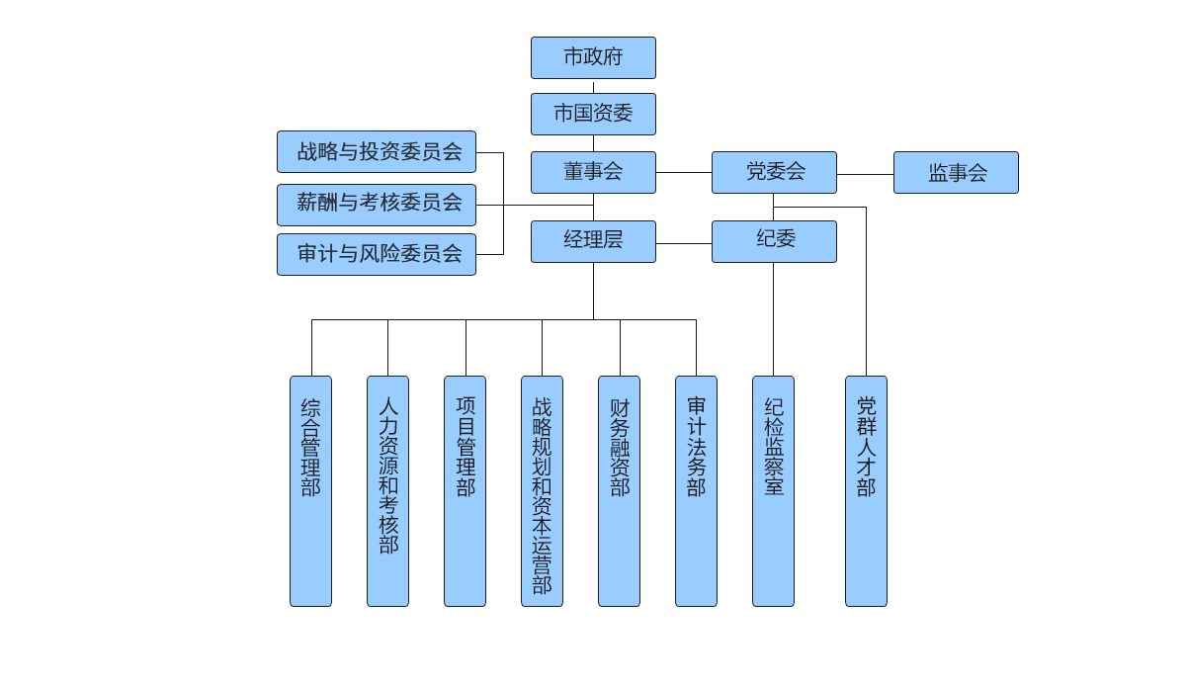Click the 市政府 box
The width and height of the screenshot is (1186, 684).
pyautogui.click(x=593, y=57)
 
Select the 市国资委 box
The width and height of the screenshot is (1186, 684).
pyautogui.click(x=593, y=114)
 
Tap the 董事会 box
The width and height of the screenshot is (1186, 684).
pyautogui.click(x=593, y=172)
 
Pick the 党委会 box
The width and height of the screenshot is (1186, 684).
pyautogui.click(x=775, y=172)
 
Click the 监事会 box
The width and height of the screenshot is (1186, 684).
pyautogui.click(x=956, y=173)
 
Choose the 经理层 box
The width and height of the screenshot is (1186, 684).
pyautogui.click(x=593, y=241)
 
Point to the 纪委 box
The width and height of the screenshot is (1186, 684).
pyautogui.click(x=775, y=241)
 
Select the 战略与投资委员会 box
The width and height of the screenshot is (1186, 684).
pyautogui.click(x=377, y=152)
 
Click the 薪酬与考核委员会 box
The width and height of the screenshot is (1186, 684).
pyautogui.click(x=377, y=204)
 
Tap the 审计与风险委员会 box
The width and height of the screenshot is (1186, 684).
pyautogui.click(x=377, y=254)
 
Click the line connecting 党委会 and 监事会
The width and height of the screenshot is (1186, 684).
pyautogui.click(x=866, y=174)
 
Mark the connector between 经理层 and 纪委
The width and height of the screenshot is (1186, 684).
pyautogui.click(x=684, y=242)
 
